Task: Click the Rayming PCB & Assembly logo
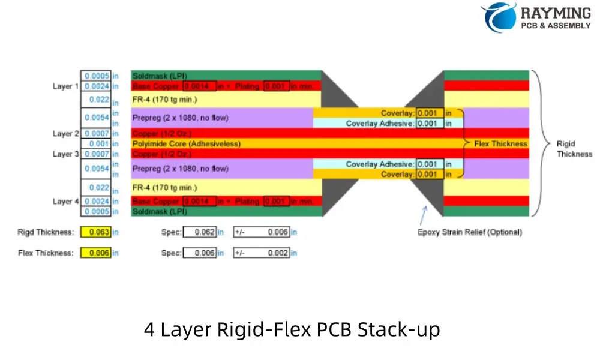click(536, 17)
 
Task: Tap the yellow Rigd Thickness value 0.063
click(95, 232)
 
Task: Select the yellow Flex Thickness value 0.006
click(95, 253)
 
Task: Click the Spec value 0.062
click(200, 232)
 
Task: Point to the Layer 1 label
click(65, 86)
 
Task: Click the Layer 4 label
click(65, 202)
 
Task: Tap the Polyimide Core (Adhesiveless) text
click(186, 144)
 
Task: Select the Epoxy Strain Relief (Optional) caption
click(470, 232)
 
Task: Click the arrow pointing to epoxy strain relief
click(424, 213)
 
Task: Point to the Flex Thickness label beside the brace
click(500, 144)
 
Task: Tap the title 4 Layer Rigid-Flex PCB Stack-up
click(292, 329)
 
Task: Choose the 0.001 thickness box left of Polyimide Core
click(95, 144)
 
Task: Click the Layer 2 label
click(65, 134)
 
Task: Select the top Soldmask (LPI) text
click(160, 76)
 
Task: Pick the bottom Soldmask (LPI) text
click(160, 211)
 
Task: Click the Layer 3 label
click(65, 154)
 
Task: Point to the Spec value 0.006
click(200, 253)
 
